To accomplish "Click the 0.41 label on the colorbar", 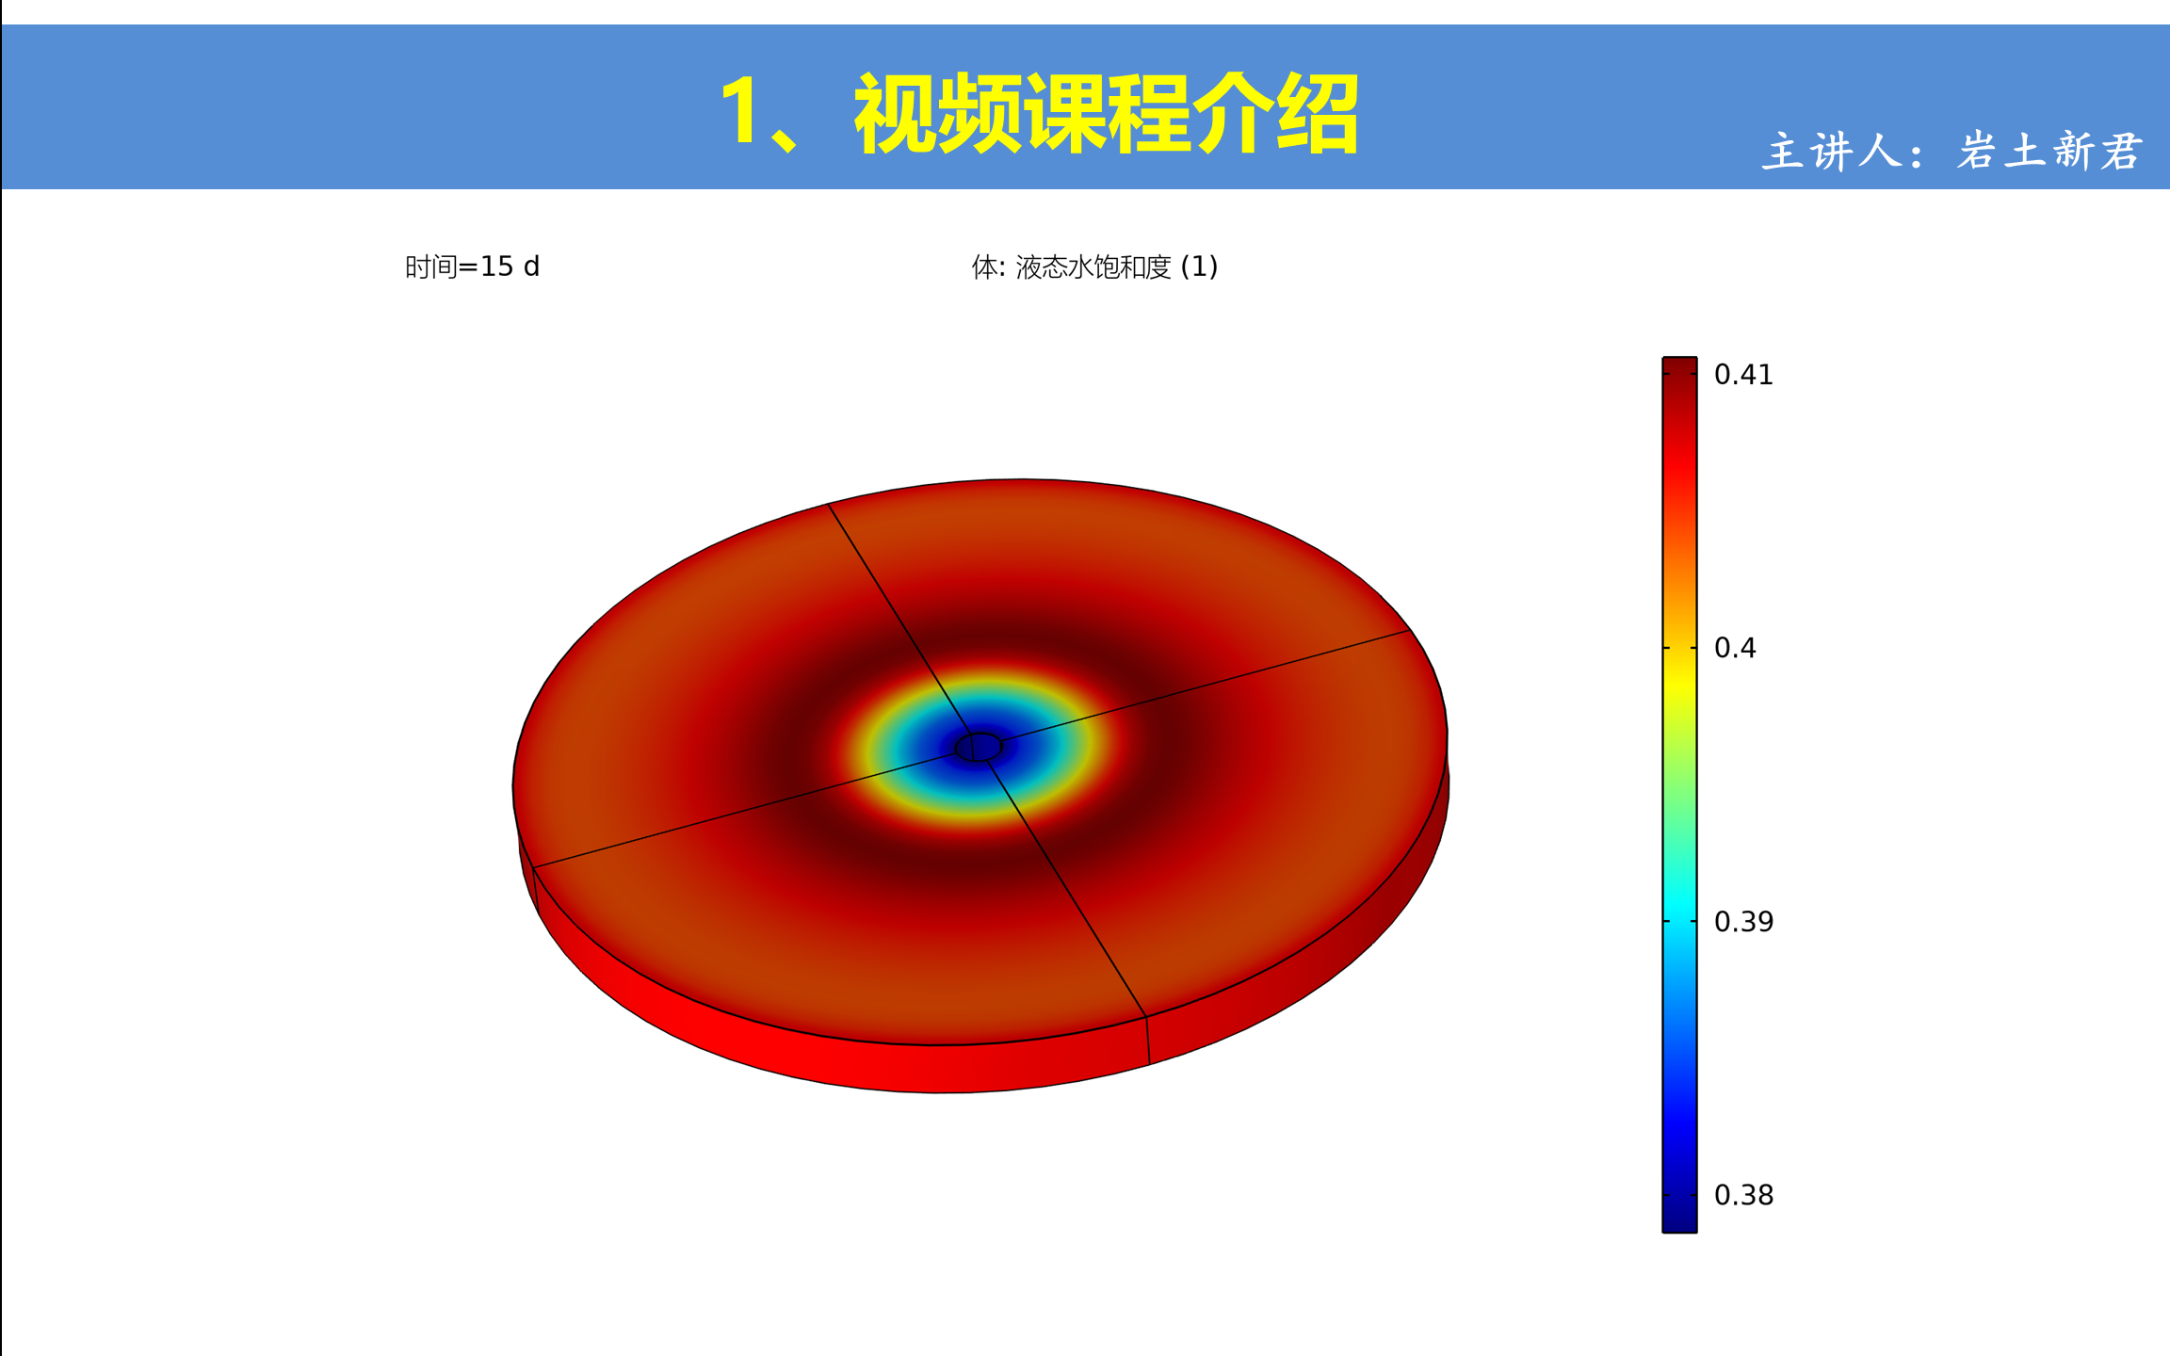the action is pos(1742,375).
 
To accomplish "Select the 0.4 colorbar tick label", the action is pos(1735,648).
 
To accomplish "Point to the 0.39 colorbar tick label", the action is pos(1743,922).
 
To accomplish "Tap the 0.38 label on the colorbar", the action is pos(1743,1195).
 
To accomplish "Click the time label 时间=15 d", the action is pos(472,267).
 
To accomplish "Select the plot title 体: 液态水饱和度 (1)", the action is pos(1094,267).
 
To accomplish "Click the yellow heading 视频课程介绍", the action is pos(1106,113).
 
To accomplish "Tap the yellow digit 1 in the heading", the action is pos(739,112).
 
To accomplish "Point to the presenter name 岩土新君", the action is pos(2049,151).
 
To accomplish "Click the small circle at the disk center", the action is pos(979,747).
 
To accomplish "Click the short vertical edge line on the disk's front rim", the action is pos(1147,1041).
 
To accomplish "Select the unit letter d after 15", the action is pos(531,267).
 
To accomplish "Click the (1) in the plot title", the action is pos(1199,267).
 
